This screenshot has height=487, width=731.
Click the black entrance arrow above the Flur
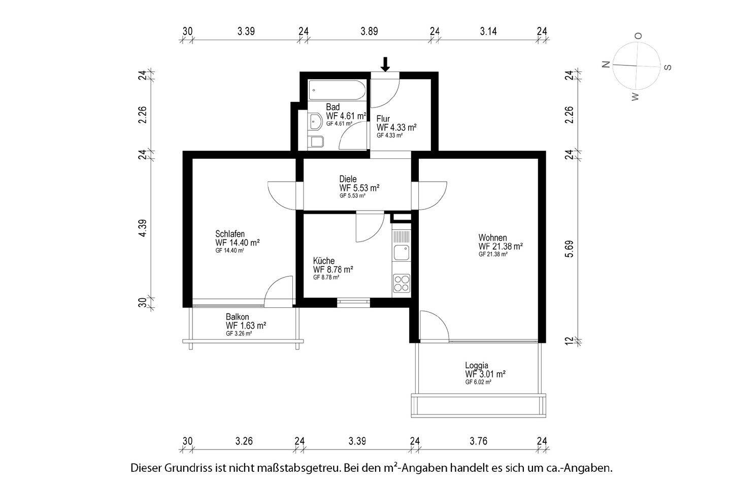click(x=385, y=64)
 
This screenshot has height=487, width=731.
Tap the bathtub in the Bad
click(x=337, y=90)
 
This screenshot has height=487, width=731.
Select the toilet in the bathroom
click(x=316, y=142)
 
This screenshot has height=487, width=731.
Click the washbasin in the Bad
click(x=315, y=121)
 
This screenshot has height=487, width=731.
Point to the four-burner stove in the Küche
click(x=402, y=283)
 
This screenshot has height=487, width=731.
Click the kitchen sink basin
click(x=402, y=253)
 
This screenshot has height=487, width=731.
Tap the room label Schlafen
click(x=230, y=234)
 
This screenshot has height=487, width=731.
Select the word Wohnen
click(x=492, y=237)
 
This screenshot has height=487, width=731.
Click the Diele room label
click(x=348, y=179)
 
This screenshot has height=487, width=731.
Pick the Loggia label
click(x=477, y=366)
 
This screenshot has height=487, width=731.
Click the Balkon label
click(x=237, y=317)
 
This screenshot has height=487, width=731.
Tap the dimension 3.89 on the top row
click(x=369, y=31)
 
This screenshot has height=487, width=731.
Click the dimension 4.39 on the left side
click(x=143, y=228)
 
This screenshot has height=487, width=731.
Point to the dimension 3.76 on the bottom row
click(x=478, y=441)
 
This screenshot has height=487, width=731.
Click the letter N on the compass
click(x=606, y=64)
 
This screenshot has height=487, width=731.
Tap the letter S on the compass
click(x=668, y=67)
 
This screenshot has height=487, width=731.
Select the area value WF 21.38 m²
click(x=501, y=246)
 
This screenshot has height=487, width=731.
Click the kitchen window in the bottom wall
click(x=353, y=302)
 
